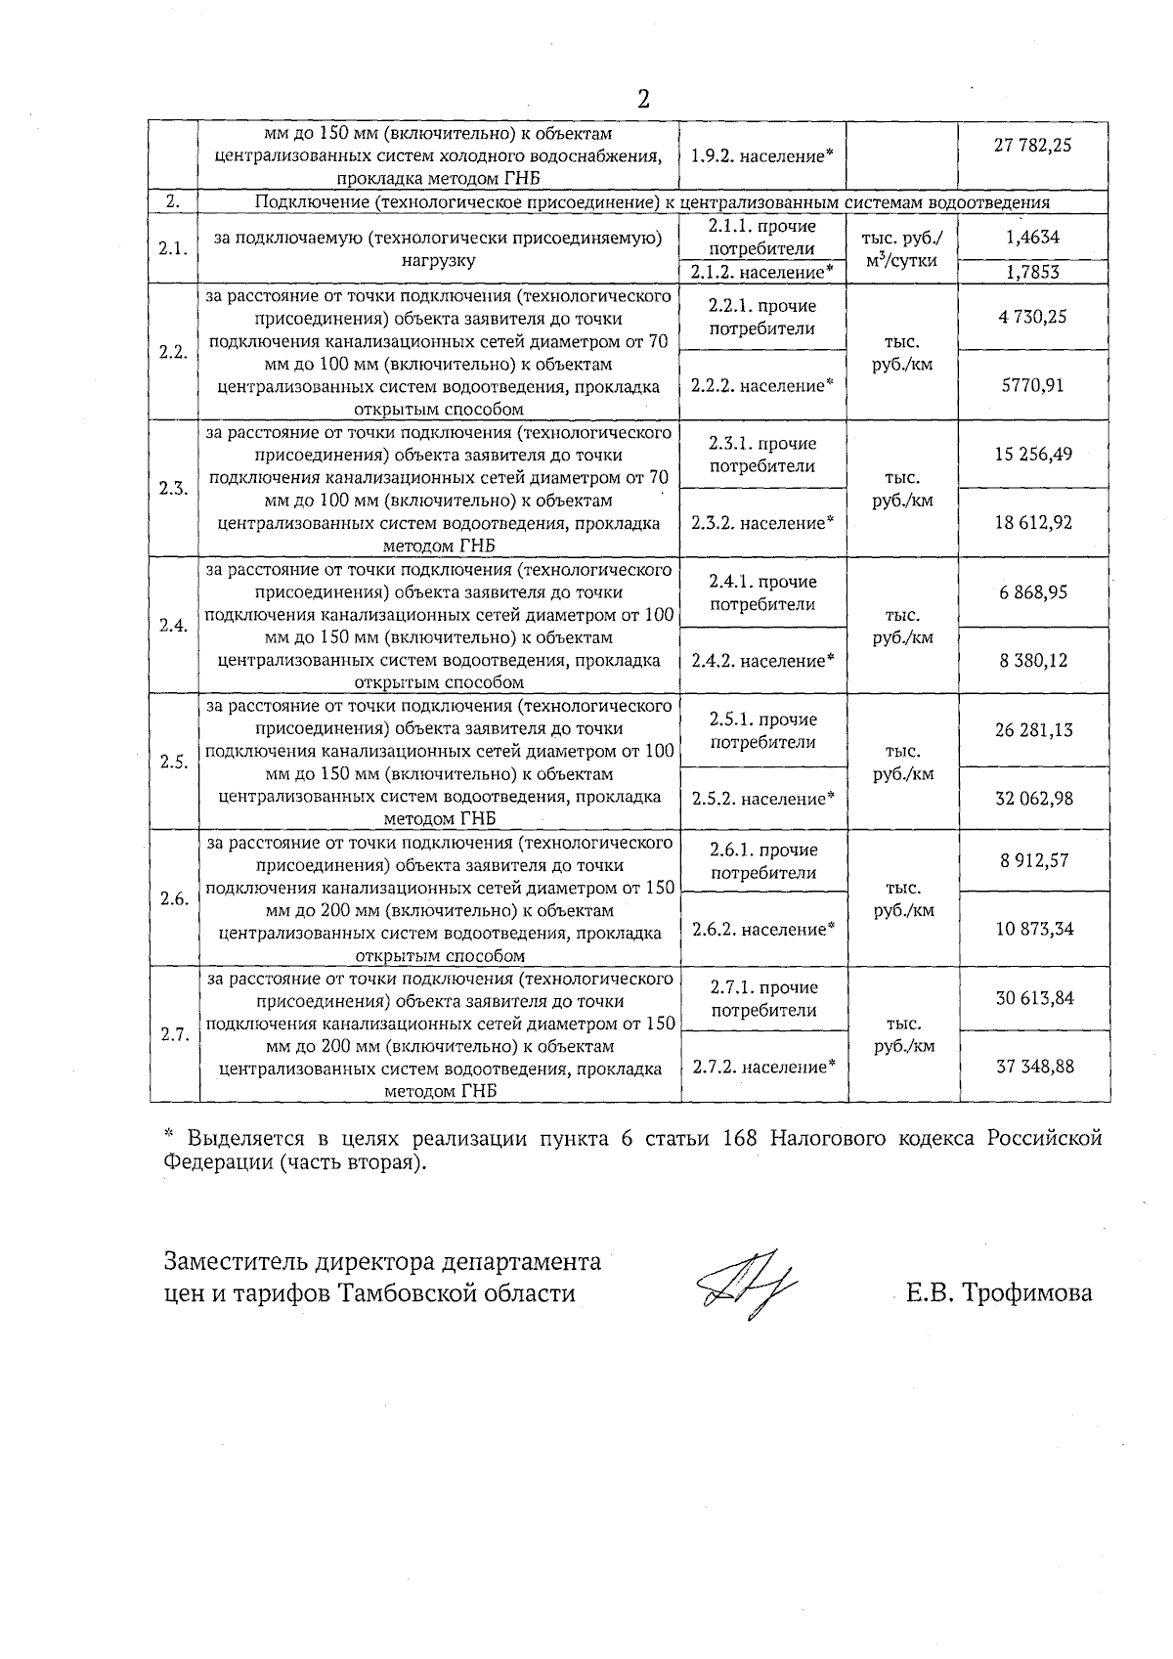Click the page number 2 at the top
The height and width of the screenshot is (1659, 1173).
(x=643, y=98)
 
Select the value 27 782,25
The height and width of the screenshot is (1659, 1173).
(x=1032, y=146)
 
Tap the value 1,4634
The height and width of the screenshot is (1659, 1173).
(x=1032, y=237)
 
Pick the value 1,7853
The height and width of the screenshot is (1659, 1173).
(x=1032, y=273)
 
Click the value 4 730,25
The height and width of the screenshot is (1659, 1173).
(x=1032, y=316)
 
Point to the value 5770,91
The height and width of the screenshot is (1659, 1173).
(x=1032, y=385)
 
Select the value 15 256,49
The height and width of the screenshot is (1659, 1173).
(x=1032, y=454)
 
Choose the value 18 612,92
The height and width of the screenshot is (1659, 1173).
(x=1032, y=523)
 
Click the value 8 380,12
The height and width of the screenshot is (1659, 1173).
(x=1032, y=661)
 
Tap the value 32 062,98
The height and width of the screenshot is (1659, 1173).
(x=1033, y=799)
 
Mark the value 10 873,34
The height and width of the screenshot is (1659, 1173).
(x=1034, y=929)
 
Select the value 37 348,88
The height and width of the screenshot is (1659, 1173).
(x=1034, y=1067)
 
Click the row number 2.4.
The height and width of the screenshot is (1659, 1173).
(x=174, y=626)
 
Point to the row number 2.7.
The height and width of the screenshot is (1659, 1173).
(x=175, y=1035)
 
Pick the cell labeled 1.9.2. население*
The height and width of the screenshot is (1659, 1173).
(x=761, y=155)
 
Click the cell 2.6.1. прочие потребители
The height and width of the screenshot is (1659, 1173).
(x=763, y=861)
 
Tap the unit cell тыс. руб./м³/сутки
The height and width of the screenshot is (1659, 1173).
(x=902, y=249)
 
